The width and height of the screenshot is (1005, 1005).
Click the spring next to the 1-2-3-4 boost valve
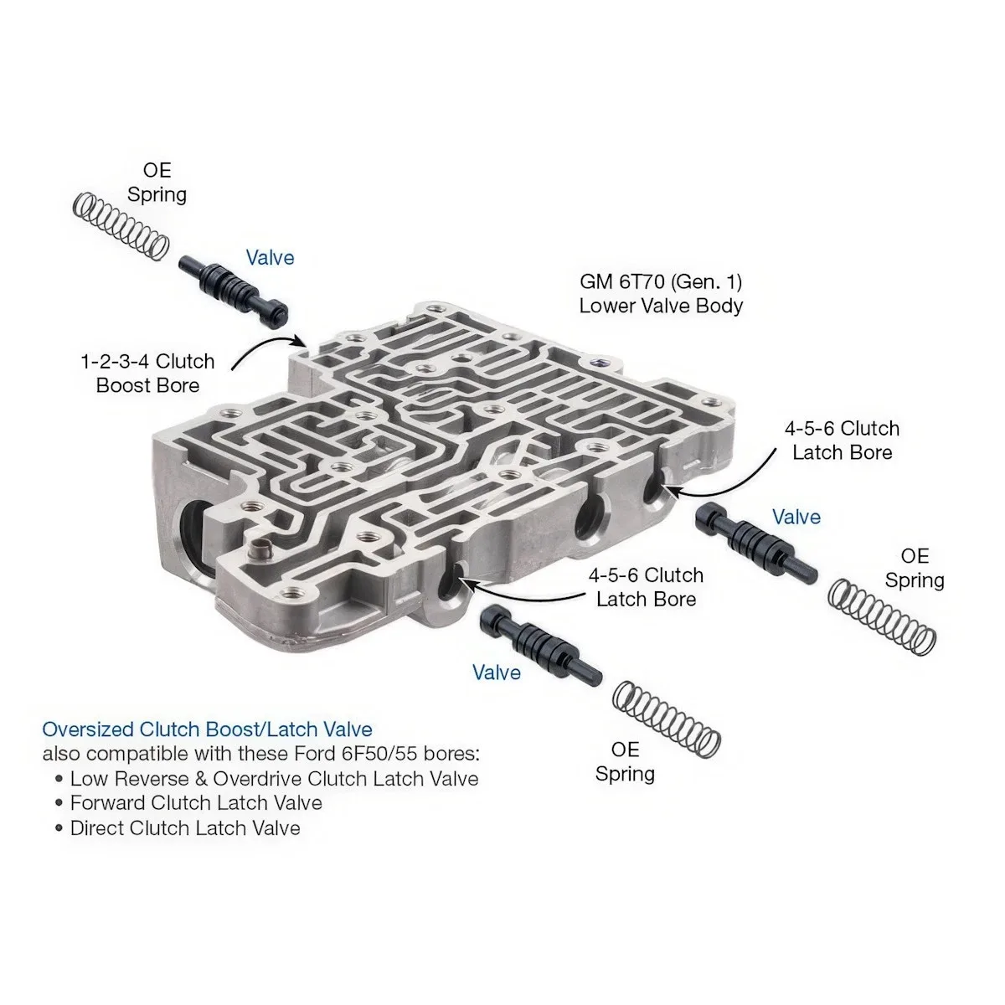pyautogui.click(x=121, y=227)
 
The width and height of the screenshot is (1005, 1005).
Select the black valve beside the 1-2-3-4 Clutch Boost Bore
pyautogui.click(x=234, y=291)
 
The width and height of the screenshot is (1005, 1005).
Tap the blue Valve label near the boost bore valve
pyautogui.click(x=271, y=258)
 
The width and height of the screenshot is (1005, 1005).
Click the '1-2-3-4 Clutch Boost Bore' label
pyautogui.click(x=147, y=374)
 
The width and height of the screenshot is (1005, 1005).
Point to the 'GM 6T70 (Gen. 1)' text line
pyautogui.click(x=661, y=282)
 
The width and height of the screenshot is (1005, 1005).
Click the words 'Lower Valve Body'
pyautogui.click(x=661, y=307)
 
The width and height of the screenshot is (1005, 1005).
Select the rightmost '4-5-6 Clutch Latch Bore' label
pyautogui.click(x=843, y=441)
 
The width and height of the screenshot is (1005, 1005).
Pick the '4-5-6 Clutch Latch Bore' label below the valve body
pyautogui.click(x=647, y=588)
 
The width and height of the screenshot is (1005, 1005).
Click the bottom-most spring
pyautogui.click(x=666, y=719)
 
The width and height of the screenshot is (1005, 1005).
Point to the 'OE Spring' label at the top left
pyautogui.click(x=157, y=183)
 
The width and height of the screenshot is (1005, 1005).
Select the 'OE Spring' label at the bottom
pyautogui.click(x=625, y=762)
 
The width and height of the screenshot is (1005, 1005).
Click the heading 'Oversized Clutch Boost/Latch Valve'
pyautogui.click(x=208, y=729)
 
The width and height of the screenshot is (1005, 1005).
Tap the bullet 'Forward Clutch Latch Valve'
pyautogui.click(x=196, y=803)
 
